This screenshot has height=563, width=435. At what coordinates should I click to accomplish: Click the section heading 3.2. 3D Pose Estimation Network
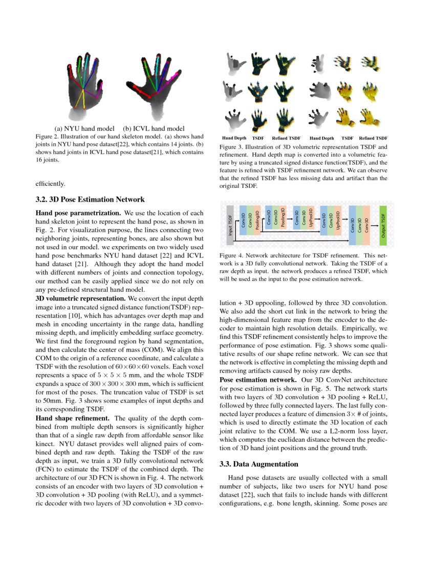[x=90, y=200]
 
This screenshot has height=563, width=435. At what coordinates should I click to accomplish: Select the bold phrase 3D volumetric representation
[x=81, y=298]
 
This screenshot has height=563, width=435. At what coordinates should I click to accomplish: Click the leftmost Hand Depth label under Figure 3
[x=234, y=138]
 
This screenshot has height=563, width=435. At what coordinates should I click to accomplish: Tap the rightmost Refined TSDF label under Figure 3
[x=373, y=138]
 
